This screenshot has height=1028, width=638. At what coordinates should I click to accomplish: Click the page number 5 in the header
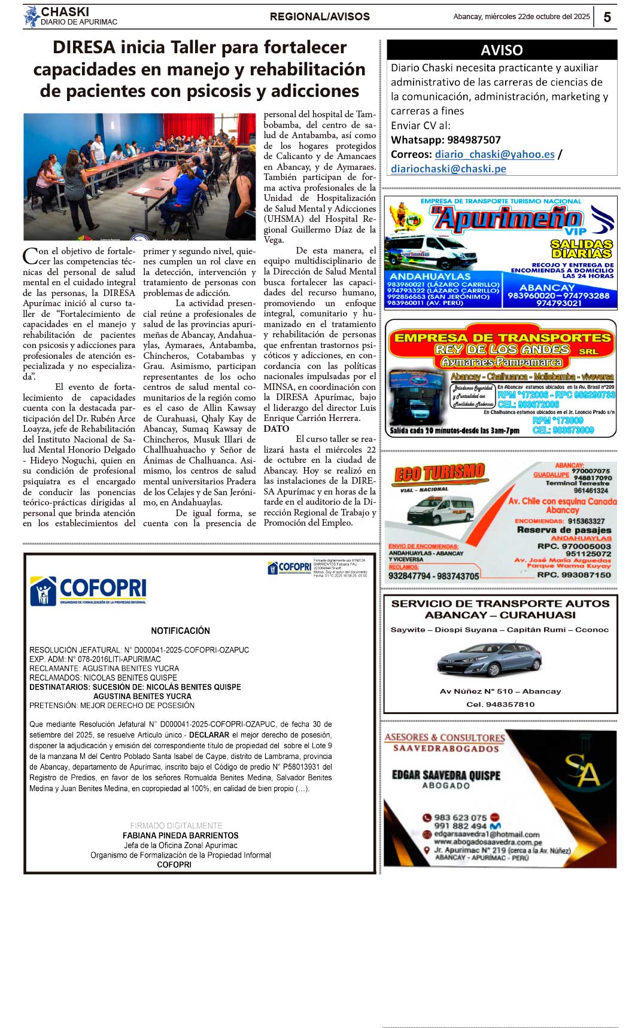[x=607, y=17]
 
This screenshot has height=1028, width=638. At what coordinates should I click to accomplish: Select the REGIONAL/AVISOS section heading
[x=320, y=17]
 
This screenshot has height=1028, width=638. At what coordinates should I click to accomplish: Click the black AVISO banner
[x=502, y=50]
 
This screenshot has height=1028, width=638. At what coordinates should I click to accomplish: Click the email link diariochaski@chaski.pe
[x=448, y=169]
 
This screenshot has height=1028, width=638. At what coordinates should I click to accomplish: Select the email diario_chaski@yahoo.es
[x=494, y=154]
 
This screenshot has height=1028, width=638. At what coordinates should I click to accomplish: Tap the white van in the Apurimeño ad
[x=430, y=252]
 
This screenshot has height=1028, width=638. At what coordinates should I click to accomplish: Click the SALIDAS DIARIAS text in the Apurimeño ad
[x=581, y=248]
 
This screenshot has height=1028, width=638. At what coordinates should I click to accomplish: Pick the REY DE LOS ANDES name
[x=502, y=349]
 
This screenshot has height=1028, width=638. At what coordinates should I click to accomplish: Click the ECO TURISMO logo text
[x=439, y=473]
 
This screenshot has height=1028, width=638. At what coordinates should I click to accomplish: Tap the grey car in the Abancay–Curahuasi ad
[x=489, y=659]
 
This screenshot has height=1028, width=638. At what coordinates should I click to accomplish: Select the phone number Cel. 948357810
[x=500, y=704]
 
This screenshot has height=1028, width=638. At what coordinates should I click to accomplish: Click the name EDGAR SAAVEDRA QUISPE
[x=446, y=775]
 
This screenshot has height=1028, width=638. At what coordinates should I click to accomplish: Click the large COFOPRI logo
[x=88, y=590]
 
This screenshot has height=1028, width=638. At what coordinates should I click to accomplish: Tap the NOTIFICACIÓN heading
[x=180, y=631]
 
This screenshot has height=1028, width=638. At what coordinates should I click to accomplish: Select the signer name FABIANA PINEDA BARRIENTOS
[x=180, y=835]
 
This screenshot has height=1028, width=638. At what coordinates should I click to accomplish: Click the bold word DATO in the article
[x=276, y=429]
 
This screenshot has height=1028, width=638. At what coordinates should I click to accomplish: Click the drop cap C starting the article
[x=30, y=256]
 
